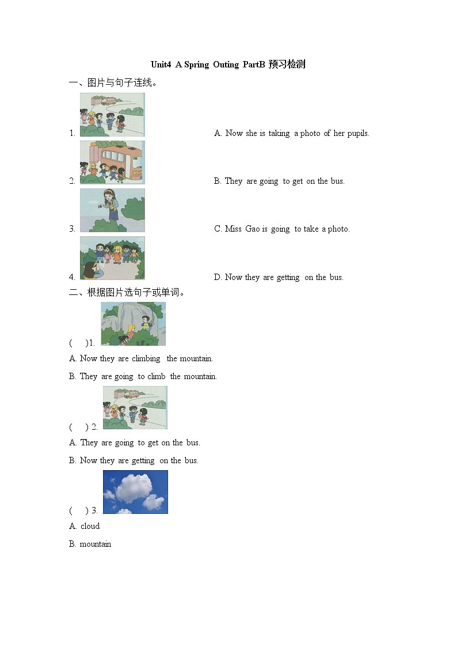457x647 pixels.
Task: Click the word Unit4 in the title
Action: tap(161, 65)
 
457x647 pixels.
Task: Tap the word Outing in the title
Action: tap(226, 65)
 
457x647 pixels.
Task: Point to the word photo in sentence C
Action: tap(338, 229)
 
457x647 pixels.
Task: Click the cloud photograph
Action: tap(135, 492)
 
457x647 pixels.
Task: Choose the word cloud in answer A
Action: tap(90, 526)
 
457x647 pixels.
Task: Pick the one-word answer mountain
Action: tap(96, 544)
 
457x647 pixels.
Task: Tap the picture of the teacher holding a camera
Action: tap(112, 210)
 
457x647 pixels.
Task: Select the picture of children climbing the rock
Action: tap(133, 324)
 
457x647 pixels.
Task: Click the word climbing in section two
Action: tap(146, 358)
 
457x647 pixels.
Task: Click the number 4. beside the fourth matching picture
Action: tap(73, 277)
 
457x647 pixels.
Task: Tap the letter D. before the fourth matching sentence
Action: tap(218, 277)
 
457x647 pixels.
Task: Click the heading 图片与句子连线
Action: tap(117, 83)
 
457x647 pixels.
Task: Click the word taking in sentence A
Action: tap(279, 134)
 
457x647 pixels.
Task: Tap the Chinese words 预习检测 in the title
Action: tap(287, 65)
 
